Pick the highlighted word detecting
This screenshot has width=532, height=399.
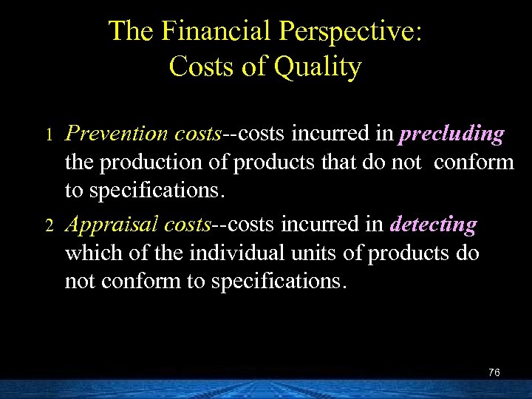click(434, 225)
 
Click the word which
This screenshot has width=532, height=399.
click(88, 253)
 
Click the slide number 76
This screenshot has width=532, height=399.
click(494, 372)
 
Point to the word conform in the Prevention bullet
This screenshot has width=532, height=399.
click(474, 162)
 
